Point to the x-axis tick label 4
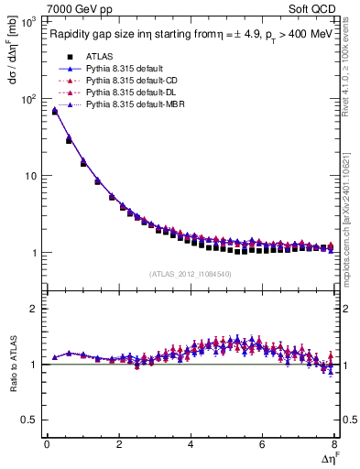click(x=190, y=444)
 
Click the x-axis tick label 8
click(x=333, y=444)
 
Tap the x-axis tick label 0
click(x=47, y=444)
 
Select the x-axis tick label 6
click(x=262, y=444)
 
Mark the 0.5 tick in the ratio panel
click(x=30, y=420)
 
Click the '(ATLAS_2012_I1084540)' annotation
click(x=191, y=274)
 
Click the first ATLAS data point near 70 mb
click(x=54, y=112)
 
